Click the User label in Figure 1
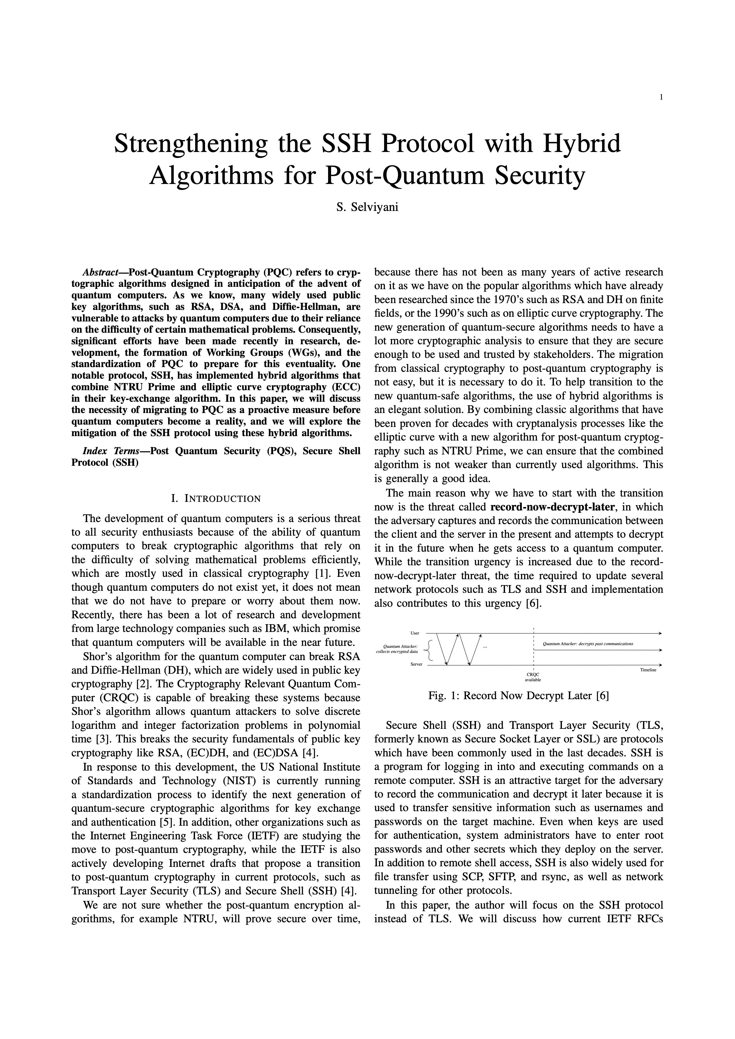click(415, 633)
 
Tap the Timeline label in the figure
click(648, 670)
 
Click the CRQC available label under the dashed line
click(533, 677)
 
